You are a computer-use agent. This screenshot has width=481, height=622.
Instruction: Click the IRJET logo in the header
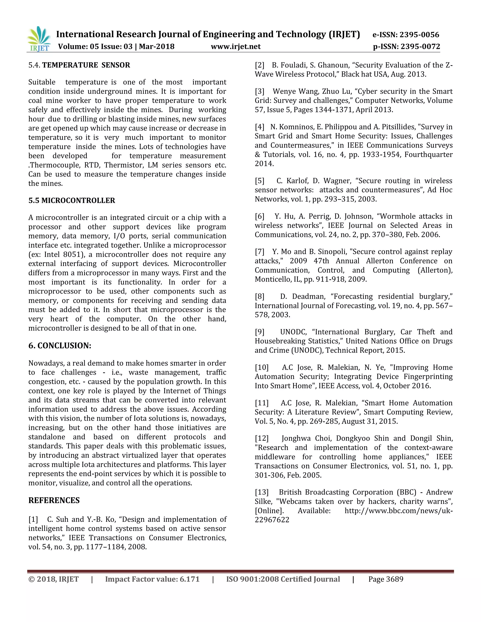39,39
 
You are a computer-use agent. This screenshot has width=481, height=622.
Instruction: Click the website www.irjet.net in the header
235,46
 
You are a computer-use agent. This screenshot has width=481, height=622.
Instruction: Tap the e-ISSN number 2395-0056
419,35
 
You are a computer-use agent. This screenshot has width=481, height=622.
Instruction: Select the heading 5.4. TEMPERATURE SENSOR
79,65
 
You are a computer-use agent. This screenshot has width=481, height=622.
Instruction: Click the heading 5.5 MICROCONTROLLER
72,200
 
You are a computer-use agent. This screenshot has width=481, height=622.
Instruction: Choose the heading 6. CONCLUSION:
60,346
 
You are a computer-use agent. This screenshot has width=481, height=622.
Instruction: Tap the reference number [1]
33,519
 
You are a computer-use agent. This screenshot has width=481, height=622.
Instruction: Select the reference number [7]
260,252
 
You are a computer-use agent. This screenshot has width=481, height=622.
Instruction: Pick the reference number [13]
262,492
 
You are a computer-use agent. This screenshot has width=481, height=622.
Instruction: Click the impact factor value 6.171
190,579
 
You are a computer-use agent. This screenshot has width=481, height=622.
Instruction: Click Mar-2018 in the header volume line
156,46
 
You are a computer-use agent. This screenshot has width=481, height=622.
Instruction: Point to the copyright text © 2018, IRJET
54,579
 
